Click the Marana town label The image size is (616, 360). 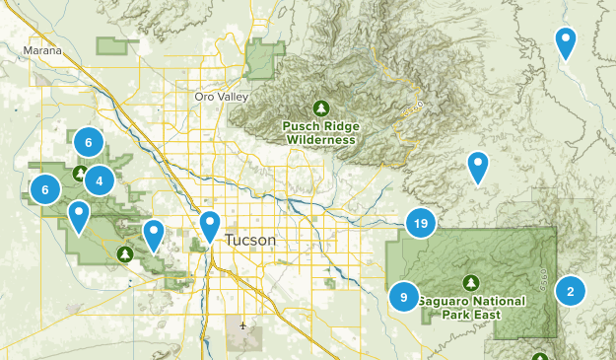[42, 50]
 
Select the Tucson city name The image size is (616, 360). [250, 241]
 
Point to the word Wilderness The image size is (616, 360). [320, 140]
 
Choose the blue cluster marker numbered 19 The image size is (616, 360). [421, 224]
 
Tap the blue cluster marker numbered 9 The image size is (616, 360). [403, 295]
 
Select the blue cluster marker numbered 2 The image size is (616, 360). [570, 290]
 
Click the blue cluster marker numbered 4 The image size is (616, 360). [99, 180]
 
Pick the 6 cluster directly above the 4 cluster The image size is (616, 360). [88, 142]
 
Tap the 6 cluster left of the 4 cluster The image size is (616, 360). [44, 188]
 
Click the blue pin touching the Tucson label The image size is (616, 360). [210, 226]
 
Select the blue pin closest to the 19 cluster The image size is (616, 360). [478, 167]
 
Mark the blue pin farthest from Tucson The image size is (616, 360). [566, 42]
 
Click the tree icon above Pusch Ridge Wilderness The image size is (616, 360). [320, 108]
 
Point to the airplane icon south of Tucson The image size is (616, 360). [243, 324]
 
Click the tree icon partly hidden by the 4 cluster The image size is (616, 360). [81, 174]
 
